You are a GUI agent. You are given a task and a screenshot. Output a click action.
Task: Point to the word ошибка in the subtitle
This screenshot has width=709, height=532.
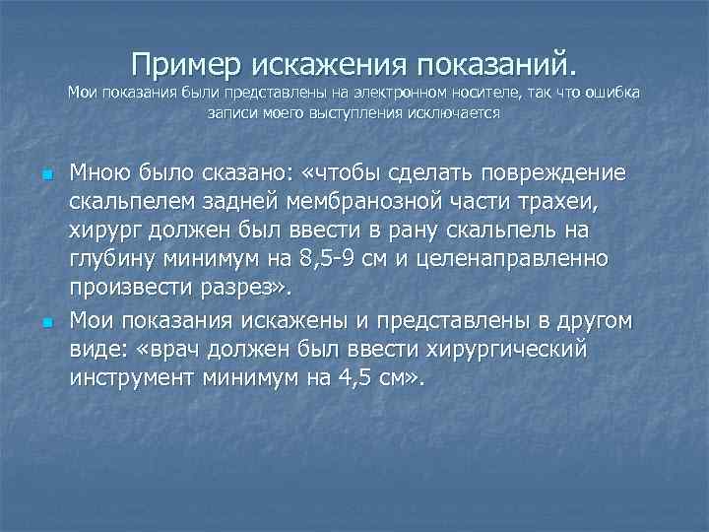click(611, 94)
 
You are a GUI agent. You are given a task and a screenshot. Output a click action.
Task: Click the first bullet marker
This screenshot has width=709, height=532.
click(47, 175)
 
